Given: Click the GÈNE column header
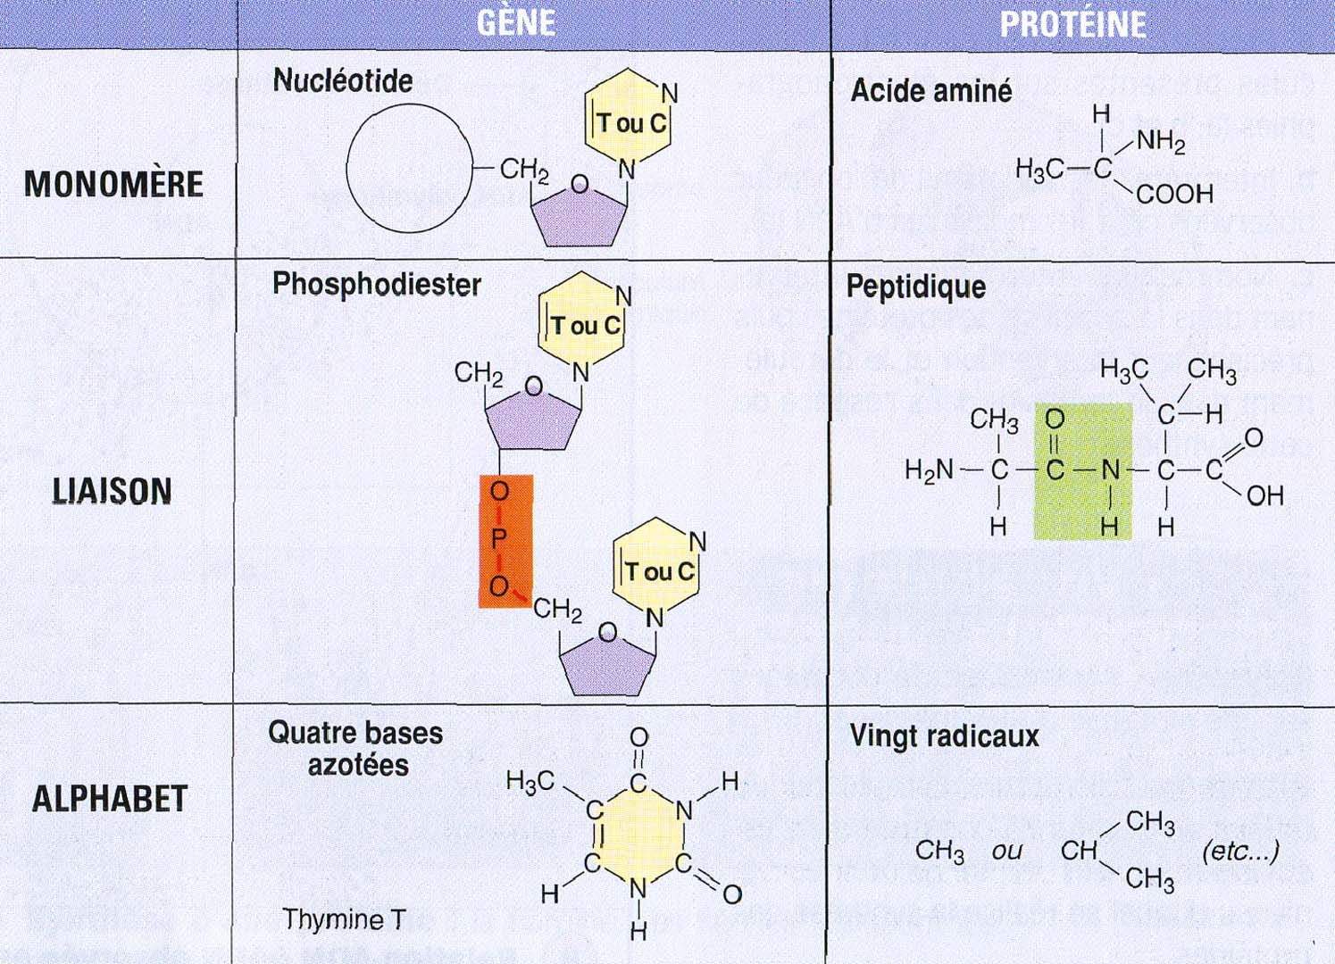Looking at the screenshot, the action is coord(516,22).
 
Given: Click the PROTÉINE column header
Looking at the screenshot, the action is coord(1072,24).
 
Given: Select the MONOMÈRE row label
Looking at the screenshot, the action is coord(113,184).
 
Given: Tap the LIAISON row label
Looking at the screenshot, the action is coord(112,491).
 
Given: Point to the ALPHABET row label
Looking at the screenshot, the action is coord(110,798).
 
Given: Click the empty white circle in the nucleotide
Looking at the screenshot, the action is coord(409,168).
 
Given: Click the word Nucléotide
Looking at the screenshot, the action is coord(343,81).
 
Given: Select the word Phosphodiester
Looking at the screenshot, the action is coord(376,285).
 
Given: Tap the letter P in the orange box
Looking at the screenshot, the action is coord(498,538).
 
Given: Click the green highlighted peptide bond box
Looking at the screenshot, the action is coord(1082,471).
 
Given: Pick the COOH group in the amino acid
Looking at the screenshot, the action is coord(1174,194).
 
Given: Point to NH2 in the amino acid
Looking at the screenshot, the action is coord(1160,141).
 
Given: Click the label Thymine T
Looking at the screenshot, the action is coord(344,918).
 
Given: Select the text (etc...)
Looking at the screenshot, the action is coord(1240,851).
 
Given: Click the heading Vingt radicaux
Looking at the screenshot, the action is coord(944,736).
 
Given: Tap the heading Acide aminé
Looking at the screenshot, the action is coord(930,91).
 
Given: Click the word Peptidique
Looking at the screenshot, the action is coord(915,287).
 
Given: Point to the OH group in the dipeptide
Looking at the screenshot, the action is coord(1264,495).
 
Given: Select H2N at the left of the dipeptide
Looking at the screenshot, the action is coord(929,470).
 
